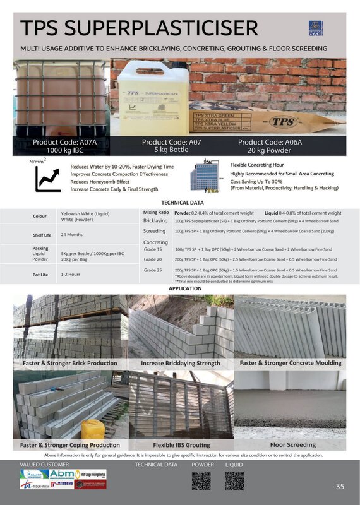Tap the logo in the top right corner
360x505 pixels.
click(333, 28)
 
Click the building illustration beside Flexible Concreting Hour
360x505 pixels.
click(206, 177)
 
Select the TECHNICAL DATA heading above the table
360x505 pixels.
click(183, 203)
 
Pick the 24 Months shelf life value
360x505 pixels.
click(72, 234)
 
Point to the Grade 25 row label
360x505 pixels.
click(153, 270)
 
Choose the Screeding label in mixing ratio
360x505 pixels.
click(155, 231)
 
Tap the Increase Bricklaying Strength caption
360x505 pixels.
click(181, 363)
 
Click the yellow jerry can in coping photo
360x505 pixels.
click(93, 431)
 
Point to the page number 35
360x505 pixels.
click(340, 486)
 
